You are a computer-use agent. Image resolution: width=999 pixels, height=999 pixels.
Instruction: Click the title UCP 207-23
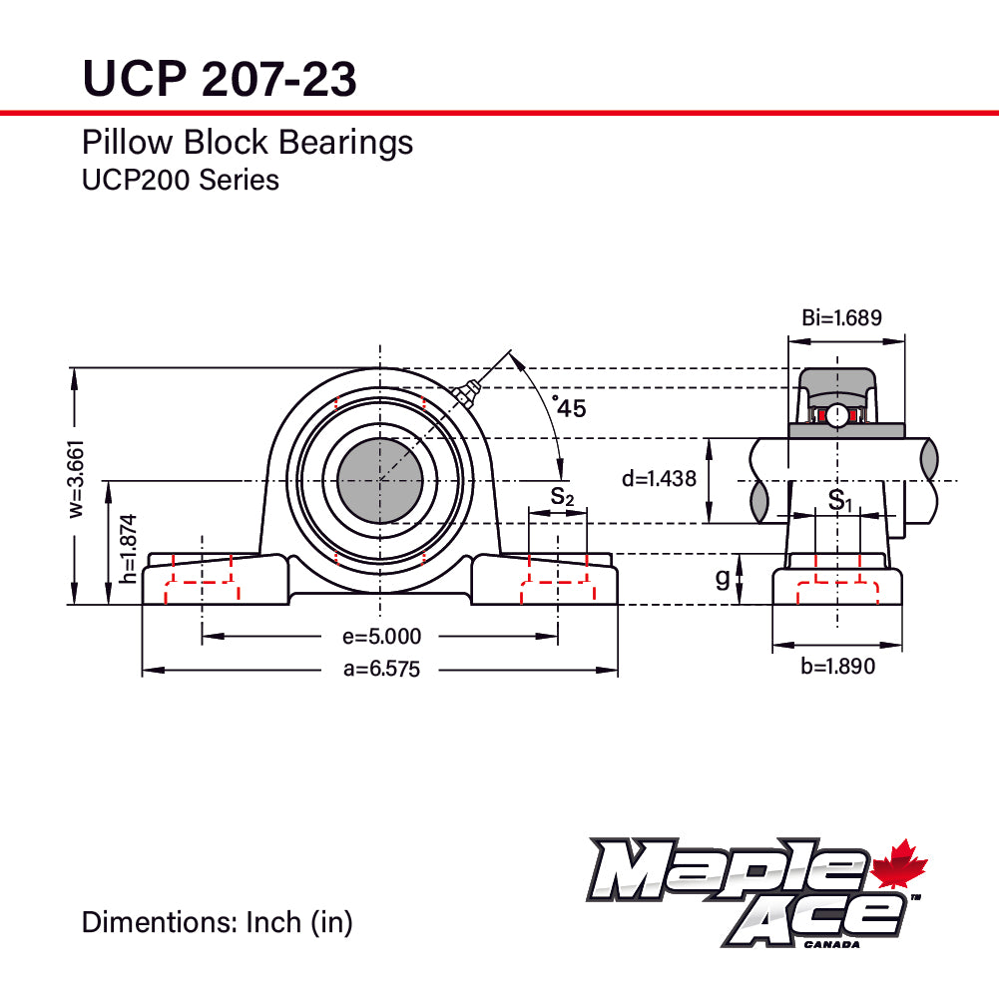click(x=219, y=78)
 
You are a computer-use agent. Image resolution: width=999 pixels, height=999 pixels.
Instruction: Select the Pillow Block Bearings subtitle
click(x=247, y=143)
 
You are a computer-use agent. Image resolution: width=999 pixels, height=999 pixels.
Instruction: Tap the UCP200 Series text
click(x=180, y=181)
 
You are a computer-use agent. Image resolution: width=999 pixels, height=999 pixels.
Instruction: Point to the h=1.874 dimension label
click(x=126, y=548)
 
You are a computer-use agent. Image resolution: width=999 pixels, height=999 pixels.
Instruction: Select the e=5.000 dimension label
click(x=381, y=637)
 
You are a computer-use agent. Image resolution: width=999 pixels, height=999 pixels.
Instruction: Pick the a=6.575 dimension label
click(x=381, y=670)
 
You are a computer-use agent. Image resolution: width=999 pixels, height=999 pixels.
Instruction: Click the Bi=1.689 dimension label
click(x=841, y=318)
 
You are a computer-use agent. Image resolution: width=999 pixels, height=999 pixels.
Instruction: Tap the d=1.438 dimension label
click(x=658, y=479)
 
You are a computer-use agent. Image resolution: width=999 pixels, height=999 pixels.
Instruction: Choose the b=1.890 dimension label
click(x=836, y=667)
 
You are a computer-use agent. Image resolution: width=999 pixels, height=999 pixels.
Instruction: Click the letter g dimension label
click(x=723, y=578)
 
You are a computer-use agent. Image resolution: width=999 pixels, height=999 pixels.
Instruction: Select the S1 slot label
click(x=840, y=500)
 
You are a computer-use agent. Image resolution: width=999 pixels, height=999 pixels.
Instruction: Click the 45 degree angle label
click(x=570, y=407)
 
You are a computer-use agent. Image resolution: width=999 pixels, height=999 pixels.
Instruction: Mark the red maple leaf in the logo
click(x=899, y=865)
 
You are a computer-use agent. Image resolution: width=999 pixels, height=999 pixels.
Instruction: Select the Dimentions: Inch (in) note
click(x=217, y=922)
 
